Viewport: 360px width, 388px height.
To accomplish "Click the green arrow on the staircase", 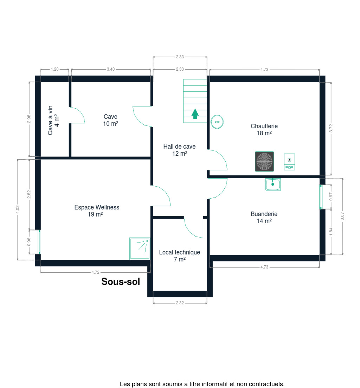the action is click(195, 114).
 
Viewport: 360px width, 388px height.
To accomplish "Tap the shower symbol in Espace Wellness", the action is click(140, 248).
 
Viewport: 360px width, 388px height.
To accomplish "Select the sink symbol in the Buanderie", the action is click(272, 185).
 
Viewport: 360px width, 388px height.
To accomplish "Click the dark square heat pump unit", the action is click(264, 161).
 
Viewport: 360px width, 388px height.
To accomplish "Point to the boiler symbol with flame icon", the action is click(289, 162).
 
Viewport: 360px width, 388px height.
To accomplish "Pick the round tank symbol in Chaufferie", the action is click(217, 122).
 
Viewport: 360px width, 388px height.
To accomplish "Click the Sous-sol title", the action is click(121, 282).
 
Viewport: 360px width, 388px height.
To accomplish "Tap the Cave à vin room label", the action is click(53, 120).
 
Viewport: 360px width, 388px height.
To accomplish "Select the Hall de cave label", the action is click(180, 147).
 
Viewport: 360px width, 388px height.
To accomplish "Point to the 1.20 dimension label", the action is click(55, 69).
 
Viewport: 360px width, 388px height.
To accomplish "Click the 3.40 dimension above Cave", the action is click(111, 69).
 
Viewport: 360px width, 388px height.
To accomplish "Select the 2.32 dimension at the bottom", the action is click(180, 303).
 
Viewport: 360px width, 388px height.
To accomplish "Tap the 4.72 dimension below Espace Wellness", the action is click(95, 272).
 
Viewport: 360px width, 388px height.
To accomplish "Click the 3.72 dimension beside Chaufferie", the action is click(331, 128).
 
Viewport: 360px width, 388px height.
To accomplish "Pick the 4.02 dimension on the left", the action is click(18, 209).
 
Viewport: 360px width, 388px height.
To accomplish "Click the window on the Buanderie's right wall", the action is click(321, 197).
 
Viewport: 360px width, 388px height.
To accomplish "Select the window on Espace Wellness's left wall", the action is click(39, 242).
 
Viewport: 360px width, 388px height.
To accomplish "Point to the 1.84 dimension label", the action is click(331, 232).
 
